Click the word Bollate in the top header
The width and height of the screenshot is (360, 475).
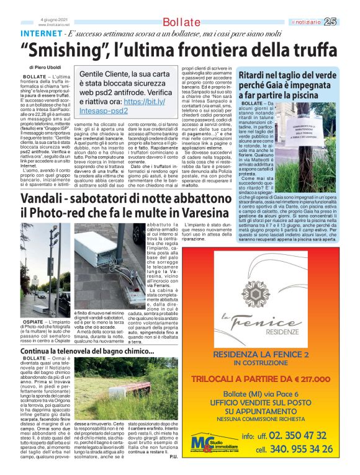pyautogui.click(x=182, y=22)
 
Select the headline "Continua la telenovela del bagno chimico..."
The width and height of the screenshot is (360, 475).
pyautogui.click(x=88, y=352)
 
